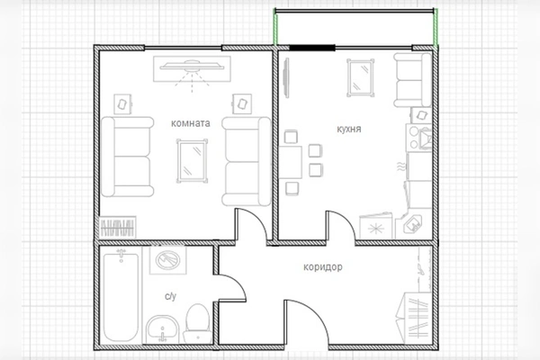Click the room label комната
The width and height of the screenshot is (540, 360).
click(191, 123)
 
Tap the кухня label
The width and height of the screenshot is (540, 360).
click(349, 130)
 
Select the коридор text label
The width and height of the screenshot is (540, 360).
click(323, 267)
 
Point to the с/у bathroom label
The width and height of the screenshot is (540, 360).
click(170, 296)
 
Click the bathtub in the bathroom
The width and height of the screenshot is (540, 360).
click(121, 295)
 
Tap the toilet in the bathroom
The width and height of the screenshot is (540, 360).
click(197, 323)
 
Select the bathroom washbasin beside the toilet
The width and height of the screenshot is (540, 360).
click(163, 329)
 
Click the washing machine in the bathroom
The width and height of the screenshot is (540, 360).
click(167, 260)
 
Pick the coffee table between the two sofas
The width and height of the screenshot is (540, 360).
click(193, 160)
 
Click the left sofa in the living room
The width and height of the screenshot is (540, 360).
click(128, 157)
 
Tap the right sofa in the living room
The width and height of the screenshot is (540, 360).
click(247, 161)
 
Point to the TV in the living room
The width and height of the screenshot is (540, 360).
click(192, 69)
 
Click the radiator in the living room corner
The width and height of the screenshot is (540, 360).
click(118, 227)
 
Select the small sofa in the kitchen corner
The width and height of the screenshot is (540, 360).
click(412, 80)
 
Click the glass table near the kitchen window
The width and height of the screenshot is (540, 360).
click(360, 78)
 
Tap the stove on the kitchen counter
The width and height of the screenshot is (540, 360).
click(418, 138)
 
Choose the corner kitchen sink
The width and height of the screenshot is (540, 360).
click(412, 226)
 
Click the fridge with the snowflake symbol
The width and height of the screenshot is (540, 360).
click(376, 228)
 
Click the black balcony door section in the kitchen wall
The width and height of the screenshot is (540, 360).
click(312, 48)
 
